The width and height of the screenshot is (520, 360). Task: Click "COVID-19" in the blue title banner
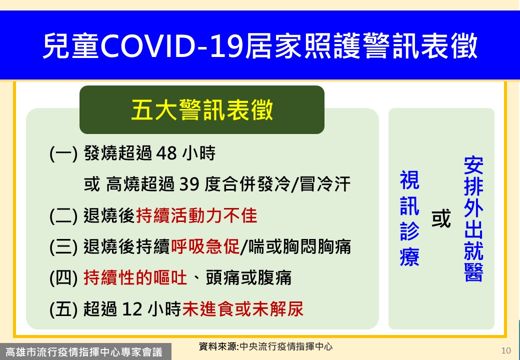[172, 45]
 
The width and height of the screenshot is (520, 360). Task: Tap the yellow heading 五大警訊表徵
[202, 109]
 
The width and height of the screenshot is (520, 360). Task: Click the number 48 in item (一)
[166, 153]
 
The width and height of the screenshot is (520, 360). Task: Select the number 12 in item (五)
[132, 309]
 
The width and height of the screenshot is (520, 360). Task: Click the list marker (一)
[63, 153]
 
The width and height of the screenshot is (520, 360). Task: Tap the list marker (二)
[63, 216]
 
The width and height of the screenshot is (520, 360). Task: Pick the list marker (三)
[63, 247]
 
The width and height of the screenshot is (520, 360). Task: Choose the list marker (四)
[63, 278]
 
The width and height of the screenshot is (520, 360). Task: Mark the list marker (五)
[63, 309]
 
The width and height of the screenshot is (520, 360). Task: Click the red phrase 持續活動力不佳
[196, 215]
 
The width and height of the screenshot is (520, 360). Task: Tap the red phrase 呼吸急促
[205, 246]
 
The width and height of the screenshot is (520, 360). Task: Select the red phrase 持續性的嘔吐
[135, 277]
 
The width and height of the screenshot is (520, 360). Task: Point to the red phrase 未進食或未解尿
[243, 308]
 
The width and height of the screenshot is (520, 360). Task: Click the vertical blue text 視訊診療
[409, 218]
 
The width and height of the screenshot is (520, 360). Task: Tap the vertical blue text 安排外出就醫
[473, 219]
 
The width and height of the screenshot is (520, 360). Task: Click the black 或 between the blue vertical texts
[441, 218]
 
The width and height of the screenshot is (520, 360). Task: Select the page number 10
[506, 350]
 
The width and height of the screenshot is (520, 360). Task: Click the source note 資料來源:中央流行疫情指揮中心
[265, 346]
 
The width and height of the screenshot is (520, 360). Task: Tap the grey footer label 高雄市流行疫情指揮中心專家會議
[84, 351]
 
